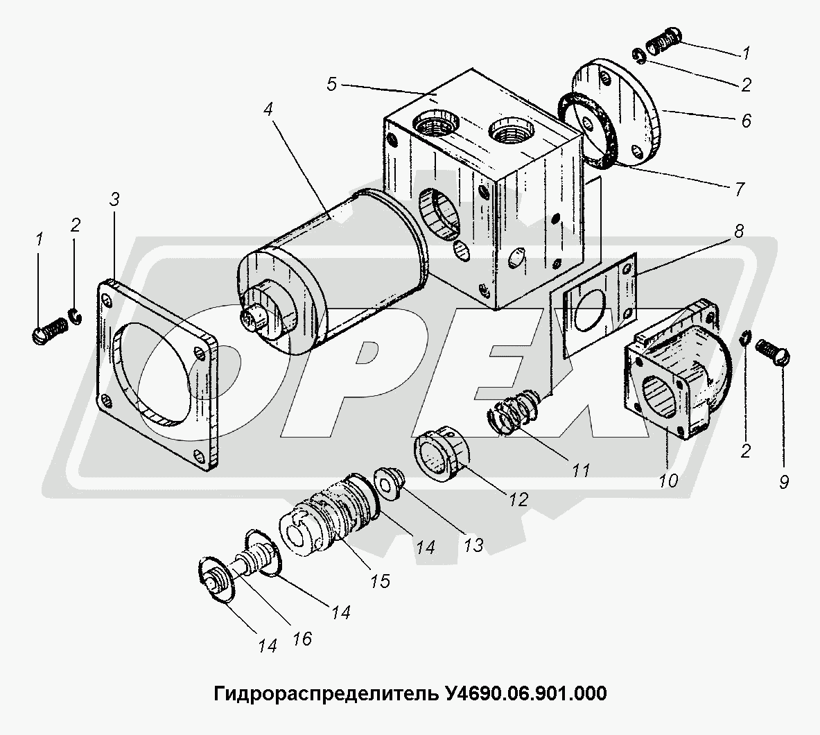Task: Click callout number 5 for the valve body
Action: pyautogui.click(x=332, y=84)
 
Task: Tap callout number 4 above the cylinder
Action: pyautogui.click(x=268, y=110)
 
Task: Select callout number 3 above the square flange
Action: pyautogui.click(x=114, y=199)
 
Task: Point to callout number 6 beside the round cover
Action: pyautogui.click(x=747, y=121)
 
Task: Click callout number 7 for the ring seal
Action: pyautogui.click(x=740, y=189)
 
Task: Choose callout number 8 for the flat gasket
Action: pyautogui.click(x=739, y=231)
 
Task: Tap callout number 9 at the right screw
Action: pyautogui.click(x=784, y=481)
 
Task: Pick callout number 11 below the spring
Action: pyautogui.click(x=580, y=469)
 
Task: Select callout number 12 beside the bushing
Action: pyautogui.click(x=518, y=499)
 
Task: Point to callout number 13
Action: pyautogui.click(x=474, y=545)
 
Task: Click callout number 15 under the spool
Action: pyautogui.click(x=381, y=580)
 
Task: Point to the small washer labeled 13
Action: pyautogui.click(x=389, y=483)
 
